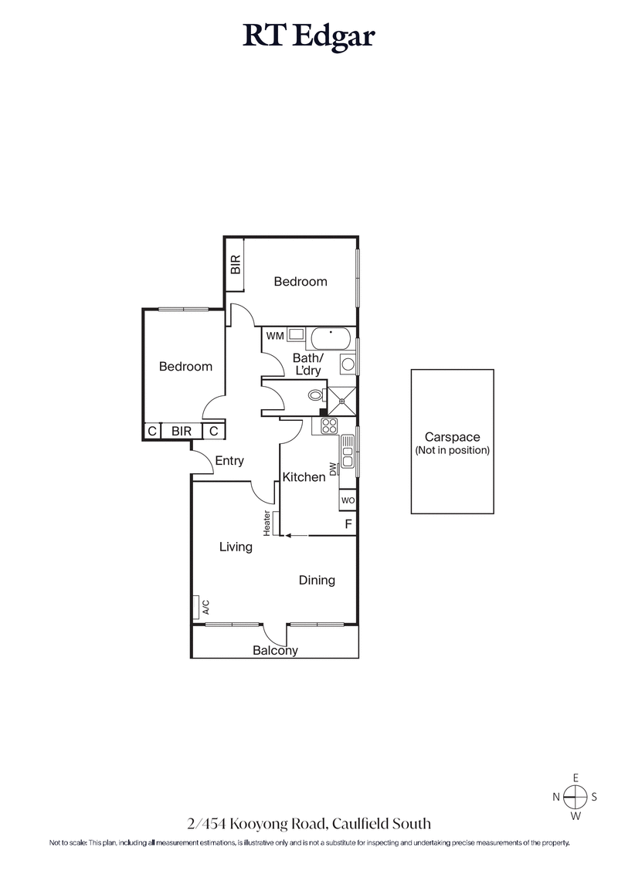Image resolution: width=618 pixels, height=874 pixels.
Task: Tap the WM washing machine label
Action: (274, 336)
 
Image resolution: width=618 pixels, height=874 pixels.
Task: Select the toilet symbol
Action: (314, 395)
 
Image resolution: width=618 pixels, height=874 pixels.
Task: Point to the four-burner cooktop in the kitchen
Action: (329, 425)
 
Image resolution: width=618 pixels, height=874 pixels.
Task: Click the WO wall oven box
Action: (348, 500)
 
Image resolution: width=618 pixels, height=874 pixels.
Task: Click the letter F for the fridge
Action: (348, 525)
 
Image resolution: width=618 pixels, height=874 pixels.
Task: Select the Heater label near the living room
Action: (267, 523)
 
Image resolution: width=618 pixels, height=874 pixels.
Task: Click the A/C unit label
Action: (205, 607)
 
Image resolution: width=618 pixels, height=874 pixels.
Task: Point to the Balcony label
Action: (275, 651)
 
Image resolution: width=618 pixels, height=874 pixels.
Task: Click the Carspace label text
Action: (452, 437)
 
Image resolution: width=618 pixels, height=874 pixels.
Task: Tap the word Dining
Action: (317, 580)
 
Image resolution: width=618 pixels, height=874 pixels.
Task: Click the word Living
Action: (236, 547)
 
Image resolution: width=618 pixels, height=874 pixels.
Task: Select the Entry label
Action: (229, 461)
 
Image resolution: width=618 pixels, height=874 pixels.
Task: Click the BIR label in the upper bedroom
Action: (236, 266)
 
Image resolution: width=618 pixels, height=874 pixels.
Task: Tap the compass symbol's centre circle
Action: (575, 797)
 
